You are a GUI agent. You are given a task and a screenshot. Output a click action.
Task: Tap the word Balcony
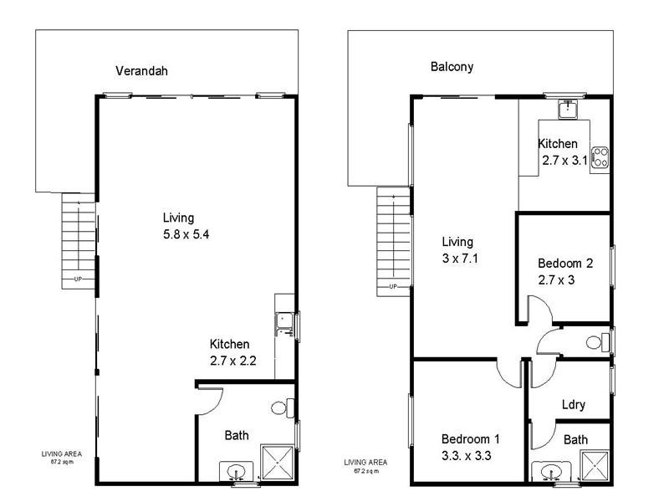(x=452, y=67)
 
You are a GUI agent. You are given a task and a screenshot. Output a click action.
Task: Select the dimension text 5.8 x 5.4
(x=186, y=235)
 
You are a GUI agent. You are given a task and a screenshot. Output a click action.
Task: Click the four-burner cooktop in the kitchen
(x=600, y=154)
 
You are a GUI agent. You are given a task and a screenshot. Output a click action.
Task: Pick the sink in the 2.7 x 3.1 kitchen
(x=569, y=109)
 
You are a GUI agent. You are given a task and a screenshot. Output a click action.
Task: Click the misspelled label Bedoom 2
(x=565, y=263)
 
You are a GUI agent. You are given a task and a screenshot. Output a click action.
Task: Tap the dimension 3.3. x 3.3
(x=470, y=457)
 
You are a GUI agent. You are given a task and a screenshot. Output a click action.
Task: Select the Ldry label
(x=573, y=405)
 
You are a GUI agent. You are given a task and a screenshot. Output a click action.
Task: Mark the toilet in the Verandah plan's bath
(x=282, y=408)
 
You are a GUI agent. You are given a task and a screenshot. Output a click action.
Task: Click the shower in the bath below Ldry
(x=595, y=466)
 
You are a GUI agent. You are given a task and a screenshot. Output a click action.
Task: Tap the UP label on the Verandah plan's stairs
(x=78, y=279)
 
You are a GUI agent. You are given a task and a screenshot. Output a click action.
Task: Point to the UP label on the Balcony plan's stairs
(x=392, y=287)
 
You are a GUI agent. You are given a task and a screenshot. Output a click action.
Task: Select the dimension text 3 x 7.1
(x=458, y=259)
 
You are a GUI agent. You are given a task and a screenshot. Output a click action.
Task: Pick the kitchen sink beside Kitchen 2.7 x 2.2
(x=284, y=320)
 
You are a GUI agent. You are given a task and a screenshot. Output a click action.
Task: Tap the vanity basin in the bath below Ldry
(x=549, y=473)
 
